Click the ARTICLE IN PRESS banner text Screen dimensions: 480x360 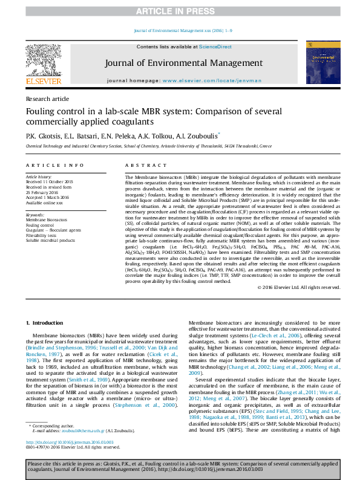point(180,11)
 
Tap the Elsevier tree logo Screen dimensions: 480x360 point(43,60)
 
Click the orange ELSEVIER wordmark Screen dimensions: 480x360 point(43,82)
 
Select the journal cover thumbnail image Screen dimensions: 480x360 point(319,62)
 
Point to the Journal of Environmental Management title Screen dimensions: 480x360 point(183,63)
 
